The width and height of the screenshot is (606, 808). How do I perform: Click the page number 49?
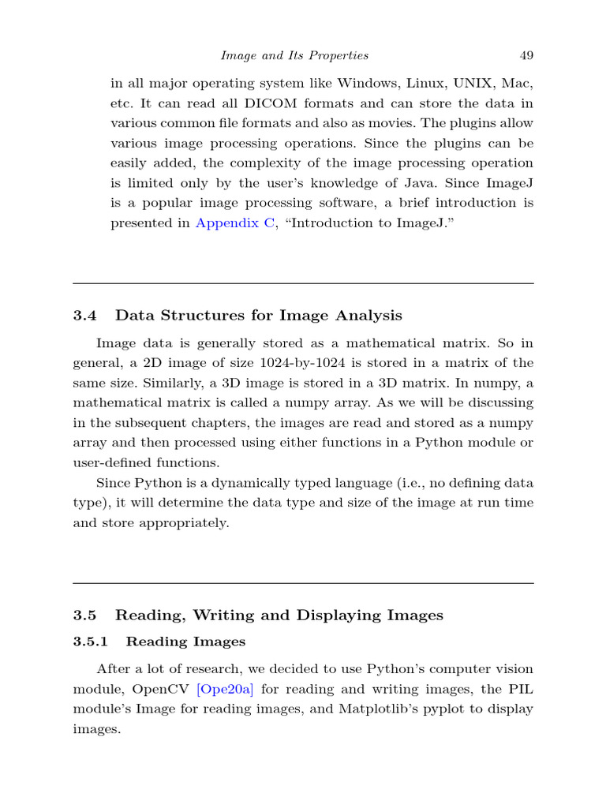pos(526,55)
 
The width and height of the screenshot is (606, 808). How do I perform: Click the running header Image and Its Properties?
pos(294,55)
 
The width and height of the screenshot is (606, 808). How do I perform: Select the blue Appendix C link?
pos(235,223)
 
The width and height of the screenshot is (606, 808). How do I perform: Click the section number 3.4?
pos(84,316)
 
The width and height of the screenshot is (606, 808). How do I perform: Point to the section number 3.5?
pos(84,615)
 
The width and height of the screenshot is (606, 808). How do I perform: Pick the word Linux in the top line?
pos(421,83)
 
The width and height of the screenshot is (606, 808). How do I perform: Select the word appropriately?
pos(189,522)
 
